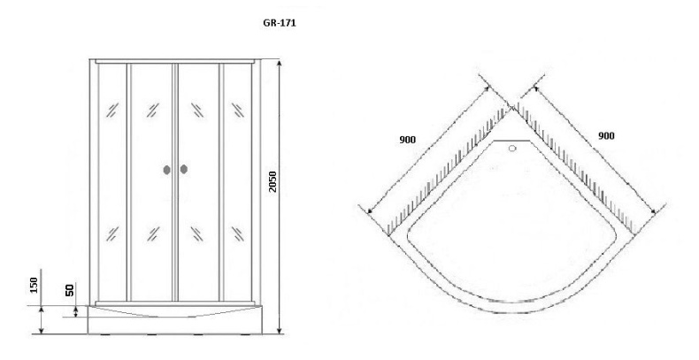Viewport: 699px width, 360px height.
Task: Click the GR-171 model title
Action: tap(280, 24)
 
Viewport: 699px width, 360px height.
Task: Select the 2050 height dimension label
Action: tap(273, 181)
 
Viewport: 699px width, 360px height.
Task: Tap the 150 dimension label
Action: tap(35, 285)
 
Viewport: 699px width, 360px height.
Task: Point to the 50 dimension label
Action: tap(70, 290)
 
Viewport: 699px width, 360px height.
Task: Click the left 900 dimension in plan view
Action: tap(407, 140)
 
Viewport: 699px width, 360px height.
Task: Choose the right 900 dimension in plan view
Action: tap(606, 135)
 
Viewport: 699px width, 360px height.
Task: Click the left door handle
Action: tap(166, 170)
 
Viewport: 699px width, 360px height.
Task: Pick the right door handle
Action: tap(184, 169)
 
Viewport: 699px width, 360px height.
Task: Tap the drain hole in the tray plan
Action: tap(512, 149)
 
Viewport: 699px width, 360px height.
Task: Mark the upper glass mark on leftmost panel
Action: tap(111, 110)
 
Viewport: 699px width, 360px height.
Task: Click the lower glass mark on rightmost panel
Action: tap(238, 234)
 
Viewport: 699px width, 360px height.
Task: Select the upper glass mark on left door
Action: tap(153, 110)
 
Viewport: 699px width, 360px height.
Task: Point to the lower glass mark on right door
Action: tap(197, 234)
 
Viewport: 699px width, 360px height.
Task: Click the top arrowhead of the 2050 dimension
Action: tap(280, 63)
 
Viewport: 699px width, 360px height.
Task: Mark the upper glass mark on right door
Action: tap(197, 110)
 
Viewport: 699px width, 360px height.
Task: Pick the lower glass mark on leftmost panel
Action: tap(111, 234)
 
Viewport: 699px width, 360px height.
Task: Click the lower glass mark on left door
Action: tap(153, 234)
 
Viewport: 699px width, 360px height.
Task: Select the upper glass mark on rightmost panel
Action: tap(238, 110)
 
